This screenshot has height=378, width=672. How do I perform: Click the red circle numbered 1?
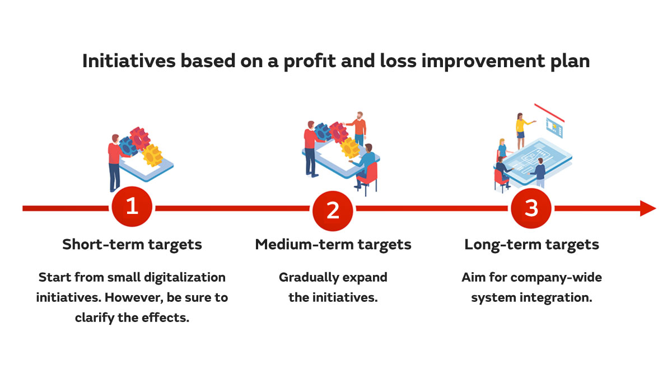click(x=132, y=207)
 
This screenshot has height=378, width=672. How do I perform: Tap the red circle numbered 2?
click(x=333, y=209)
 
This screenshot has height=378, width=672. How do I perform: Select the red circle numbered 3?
click(x=531, y=208)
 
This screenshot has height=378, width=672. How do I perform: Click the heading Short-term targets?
click(x=132, y=245)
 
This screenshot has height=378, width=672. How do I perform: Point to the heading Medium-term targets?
click(x=333, y=245)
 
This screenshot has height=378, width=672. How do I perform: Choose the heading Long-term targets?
click(x=531, y=245)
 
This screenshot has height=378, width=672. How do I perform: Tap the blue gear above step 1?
click(x=128, y=146)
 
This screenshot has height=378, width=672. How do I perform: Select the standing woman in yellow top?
click(x=521, y=126)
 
